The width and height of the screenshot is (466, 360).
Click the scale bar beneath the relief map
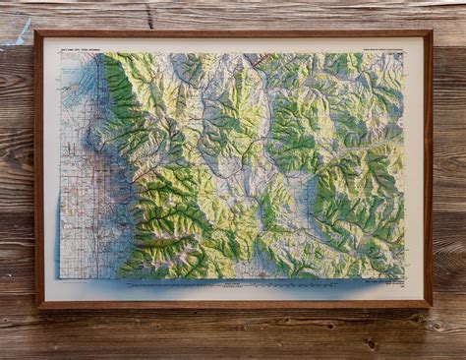coord(236,284)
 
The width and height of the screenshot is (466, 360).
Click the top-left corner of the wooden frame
coord(36,33)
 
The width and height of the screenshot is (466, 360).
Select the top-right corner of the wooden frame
coord(430,33)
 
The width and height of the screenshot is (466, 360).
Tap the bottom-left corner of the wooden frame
coord(36,306)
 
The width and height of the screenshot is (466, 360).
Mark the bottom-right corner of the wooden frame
coord(430,306)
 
